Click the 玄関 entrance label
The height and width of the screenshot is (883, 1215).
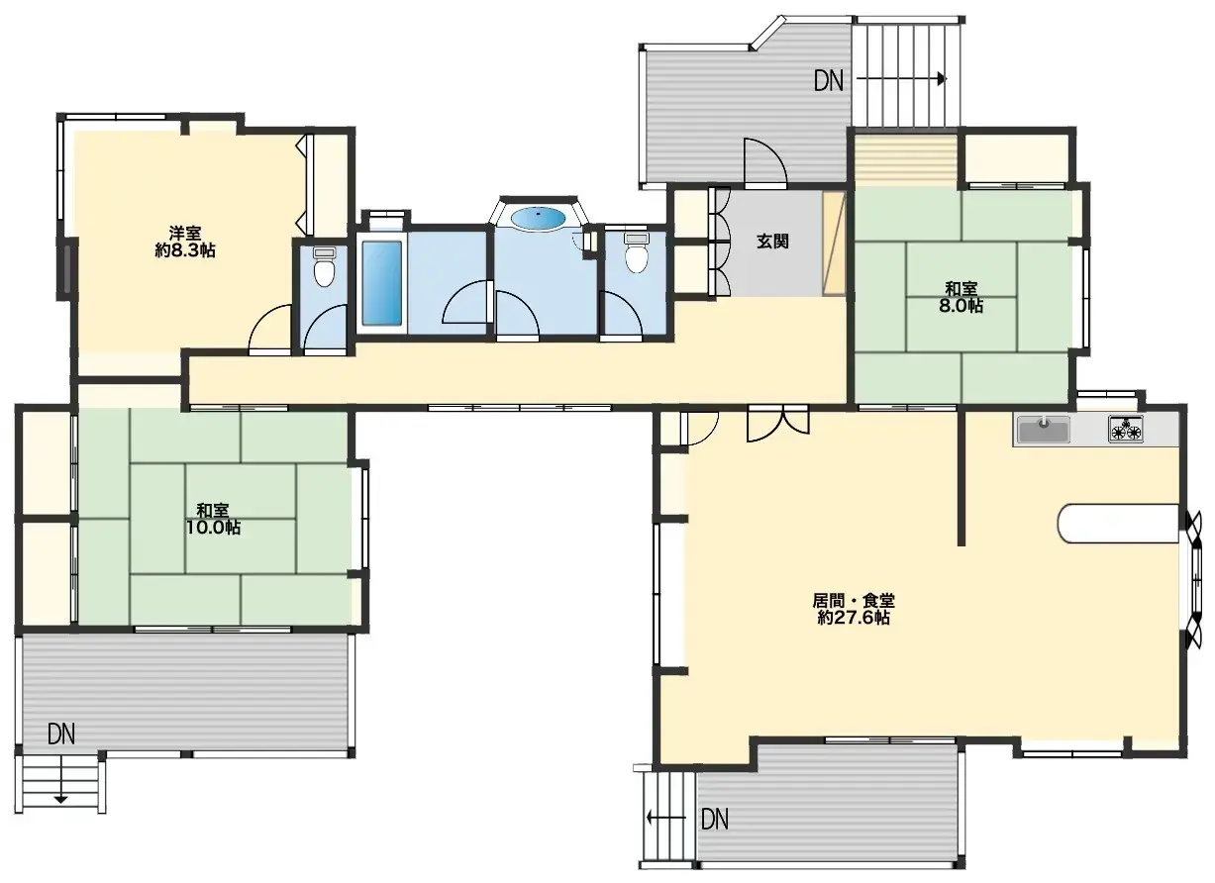[772, 242]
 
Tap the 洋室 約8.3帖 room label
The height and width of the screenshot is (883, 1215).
[185, 242]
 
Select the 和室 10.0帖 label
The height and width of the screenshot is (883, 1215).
[213, 519]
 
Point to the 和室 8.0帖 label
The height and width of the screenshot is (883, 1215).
[962, 297]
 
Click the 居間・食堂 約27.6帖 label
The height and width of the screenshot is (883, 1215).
[854, 608]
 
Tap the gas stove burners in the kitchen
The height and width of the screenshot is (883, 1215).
[1125, 430]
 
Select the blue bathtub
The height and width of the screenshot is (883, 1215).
[381, 282]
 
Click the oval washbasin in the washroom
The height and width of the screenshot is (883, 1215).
[539, 217]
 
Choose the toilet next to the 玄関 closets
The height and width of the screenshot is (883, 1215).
[636, 255]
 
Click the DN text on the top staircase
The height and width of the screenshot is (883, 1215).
[829, 81]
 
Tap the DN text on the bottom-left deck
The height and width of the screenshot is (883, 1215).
[61, 734]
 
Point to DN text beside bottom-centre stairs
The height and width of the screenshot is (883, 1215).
[715, 819]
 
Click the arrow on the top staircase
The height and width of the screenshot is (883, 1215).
[901, 79]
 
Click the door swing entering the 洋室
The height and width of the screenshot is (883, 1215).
[268, 332]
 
